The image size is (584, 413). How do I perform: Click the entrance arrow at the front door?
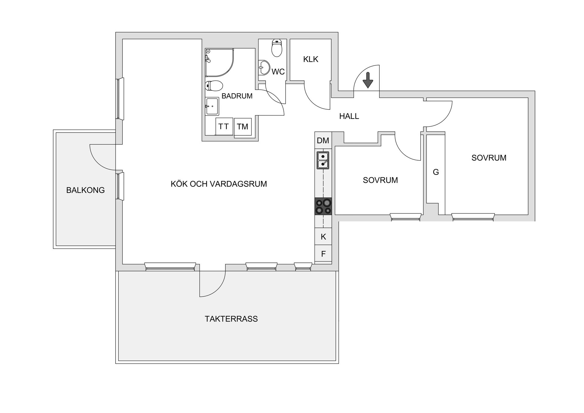pyautogui.click(x=368, y=80)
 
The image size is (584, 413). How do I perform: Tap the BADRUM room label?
pyautogui.click(x=237, y=96)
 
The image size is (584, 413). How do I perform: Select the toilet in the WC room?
pyautogui.click(x=277, y=48)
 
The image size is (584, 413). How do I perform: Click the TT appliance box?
pyautogui.click(x=224, y=127)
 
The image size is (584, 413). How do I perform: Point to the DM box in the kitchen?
pyautogui.click(x=323, y=141)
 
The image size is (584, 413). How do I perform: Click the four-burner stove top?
pyautogui.click(x=323, y=206)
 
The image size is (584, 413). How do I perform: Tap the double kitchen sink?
pyautogui.click(x=323, y=160)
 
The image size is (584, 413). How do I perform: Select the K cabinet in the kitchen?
pyautogui.click(x=323, y=236)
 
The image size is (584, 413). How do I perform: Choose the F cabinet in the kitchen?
pyautogui.click(x=323, y=253)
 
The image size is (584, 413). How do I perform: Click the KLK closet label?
pyautogui.click(x=311, y=59)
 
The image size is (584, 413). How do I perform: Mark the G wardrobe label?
pyautogui.click(x=436, y=172)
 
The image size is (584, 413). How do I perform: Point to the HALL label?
pyautogui.click(x=349, y=116)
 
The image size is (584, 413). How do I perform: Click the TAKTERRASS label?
pyautogui.click(x=231, y=319)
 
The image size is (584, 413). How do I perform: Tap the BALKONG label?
pyautogui.click(x=85, y=190)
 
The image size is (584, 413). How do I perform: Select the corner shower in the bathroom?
pyautogui.click(x=219, y=62)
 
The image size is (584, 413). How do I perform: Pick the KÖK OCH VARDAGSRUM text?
pyautogui.click(x=219, y=184)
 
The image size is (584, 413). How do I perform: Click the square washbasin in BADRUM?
pyautogui.click(x=212, y=106)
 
